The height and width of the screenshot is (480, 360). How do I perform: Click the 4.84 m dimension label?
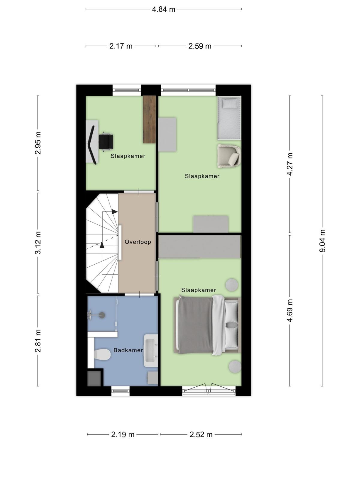click(163, 9)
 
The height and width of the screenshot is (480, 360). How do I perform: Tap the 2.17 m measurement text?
click(121, 46)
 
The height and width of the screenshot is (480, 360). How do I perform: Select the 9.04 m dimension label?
click(322, 241)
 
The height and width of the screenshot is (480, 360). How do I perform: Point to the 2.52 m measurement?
click(201, 434)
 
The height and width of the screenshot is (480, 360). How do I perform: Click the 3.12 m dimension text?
click(38, 243)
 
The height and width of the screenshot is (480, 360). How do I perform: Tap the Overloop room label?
click(138, 242)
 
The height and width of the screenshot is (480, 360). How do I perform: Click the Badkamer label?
click(128, 350)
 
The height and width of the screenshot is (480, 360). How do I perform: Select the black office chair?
click(106, 142)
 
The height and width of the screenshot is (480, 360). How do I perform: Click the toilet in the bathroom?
click(102, 355)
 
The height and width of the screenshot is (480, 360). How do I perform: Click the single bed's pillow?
click(229, 103)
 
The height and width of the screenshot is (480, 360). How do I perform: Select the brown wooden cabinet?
click(149, 119)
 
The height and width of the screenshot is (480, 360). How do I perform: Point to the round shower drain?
click(102, 315)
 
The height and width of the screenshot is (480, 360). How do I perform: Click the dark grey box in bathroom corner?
click(94, 378)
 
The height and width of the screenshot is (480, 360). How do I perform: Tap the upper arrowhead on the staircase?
click(115, 212)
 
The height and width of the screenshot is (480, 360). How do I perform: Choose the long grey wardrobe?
click(199, 247)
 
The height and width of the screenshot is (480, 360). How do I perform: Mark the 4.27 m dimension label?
click(290, 164)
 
